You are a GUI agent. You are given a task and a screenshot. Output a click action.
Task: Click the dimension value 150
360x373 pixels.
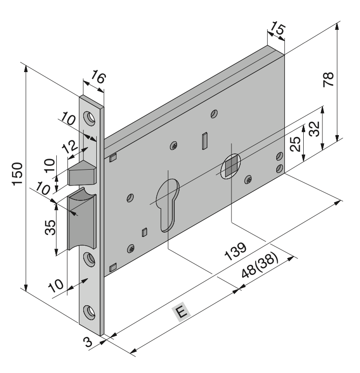click(18, 174)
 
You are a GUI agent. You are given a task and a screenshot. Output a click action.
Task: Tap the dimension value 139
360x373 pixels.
click(235, 251)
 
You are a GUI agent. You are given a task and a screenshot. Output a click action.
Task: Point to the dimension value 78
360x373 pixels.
click(328, 79)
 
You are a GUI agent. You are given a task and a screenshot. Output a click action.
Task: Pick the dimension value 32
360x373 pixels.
click(314, 129)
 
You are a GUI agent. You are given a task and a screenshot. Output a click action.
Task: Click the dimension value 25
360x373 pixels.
click(296, 144)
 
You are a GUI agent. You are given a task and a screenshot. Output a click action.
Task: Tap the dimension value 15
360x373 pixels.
click(278, 28)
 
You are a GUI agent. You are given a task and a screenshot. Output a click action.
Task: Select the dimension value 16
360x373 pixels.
click(98, 76)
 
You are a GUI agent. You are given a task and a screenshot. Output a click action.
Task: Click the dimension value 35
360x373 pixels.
click(50, 227)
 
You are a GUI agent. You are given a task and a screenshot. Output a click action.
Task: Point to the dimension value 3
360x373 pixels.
click(88, 342)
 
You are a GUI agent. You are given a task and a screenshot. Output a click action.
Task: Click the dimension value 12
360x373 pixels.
click(70, 147)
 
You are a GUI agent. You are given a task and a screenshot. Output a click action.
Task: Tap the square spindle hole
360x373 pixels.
click(231, 165)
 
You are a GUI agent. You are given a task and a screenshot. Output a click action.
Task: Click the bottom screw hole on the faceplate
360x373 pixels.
click(90, 312)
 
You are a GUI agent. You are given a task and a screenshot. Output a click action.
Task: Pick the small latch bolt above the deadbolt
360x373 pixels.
click(82, 173)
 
